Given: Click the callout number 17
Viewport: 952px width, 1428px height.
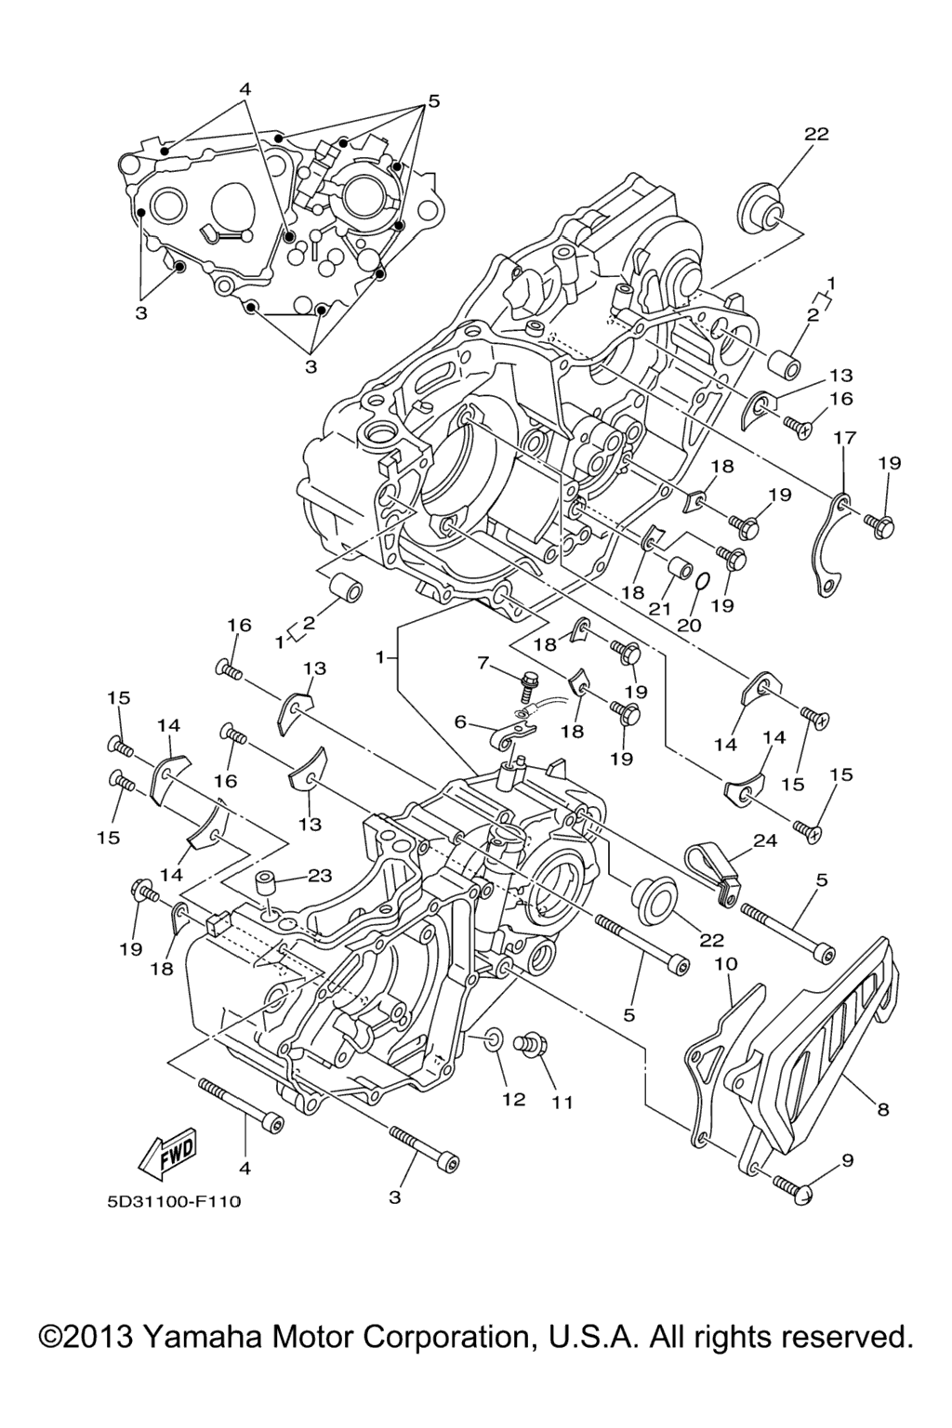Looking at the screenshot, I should click(843, 438).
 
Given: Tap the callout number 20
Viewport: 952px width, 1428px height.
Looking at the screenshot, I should click(688, 626).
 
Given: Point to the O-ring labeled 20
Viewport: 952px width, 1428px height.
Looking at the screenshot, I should click(704, 582).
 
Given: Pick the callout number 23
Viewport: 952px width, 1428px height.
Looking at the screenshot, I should click(319, 875).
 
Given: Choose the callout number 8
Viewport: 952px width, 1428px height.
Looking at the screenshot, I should click(882, 1108).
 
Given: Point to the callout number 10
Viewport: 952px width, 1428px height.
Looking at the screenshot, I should click(725, 965).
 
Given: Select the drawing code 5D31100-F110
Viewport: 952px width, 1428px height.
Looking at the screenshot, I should click(173, 1202).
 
